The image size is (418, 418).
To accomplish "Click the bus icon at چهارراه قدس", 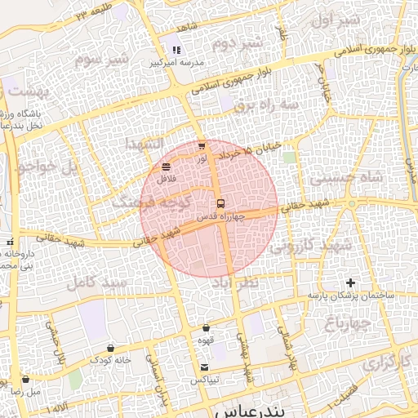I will [x=220, y=203].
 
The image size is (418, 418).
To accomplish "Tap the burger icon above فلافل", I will [x=167, y=167].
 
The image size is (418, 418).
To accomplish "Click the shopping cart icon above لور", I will [x=202, y=145].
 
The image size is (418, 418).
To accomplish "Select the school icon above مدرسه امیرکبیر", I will [x=176, y=51].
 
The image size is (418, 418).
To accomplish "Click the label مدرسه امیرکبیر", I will [x=173, y=63].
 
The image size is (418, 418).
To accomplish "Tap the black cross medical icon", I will [x=351, y=282].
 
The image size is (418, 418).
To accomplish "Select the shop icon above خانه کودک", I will [x=110, y=348].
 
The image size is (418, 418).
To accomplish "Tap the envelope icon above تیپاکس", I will [x=204, y=367].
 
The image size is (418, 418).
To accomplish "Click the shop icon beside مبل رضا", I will [x=25, y=380].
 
